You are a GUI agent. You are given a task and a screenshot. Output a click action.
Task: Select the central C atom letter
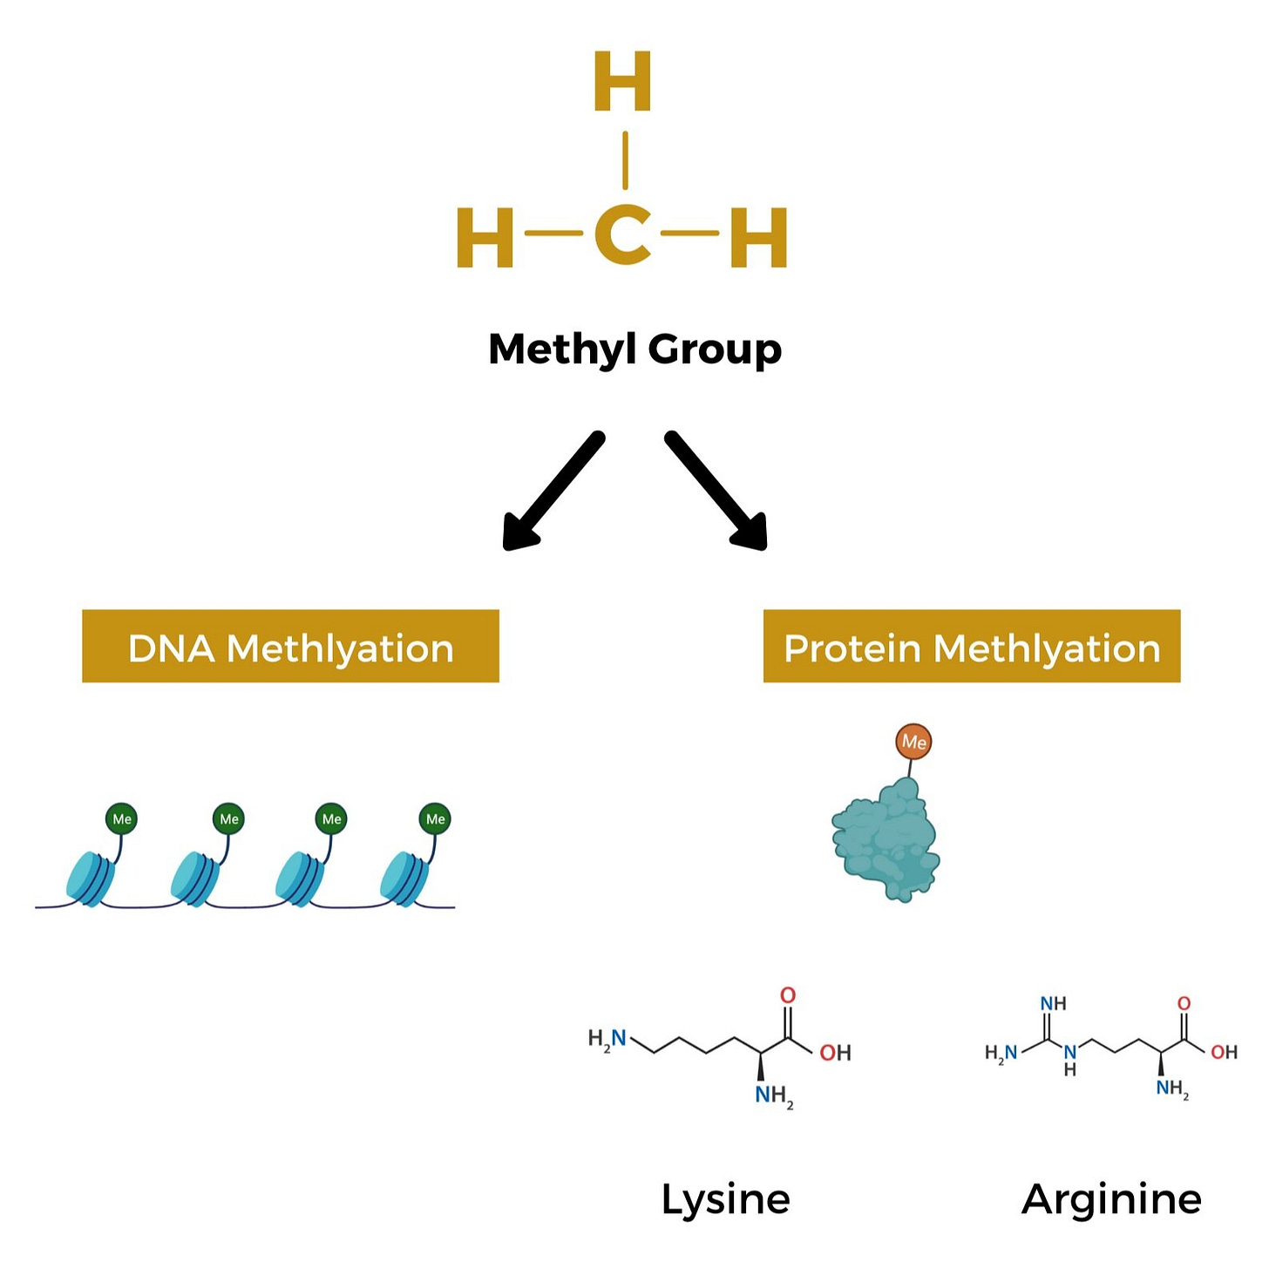click(623, 235)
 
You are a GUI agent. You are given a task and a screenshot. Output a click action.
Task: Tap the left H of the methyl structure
click(485, 237)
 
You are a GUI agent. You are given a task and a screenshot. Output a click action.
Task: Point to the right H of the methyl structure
click(758, 237)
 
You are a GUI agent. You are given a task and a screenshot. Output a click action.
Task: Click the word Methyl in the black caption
click(562, 349)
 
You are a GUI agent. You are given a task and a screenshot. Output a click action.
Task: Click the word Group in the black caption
click(715, 349)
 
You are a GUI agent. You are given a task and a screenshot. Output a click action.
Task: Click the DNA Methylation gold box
click(290, 646)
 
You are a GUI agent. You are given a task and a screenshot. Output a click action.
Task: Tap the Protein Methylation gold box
click(972, 646)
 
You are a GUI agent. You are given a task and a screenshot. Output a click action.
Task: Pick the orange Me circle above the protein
click(913, 742)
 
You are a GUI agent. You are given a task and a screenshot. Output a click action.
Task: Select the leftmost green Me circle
click(121, 818)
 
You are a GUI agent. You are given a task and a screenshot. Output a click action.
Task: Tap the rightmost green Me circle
click(435, 818)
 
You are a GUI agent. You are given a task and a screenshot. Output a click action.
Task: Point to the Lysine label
click(725, 1199)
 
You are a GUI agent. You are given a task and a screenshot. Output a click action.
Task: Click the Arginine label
click(1111, 1199)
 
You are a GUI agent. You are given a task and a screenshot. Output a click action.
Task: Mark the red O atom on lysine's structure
click(788, 995)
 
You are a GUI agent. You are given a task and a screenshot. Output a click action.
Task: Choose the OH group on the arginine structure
click(1224, 1053)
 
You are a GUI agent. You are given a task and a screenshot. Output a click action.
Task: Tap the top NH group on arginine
click(1053, 1004)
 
